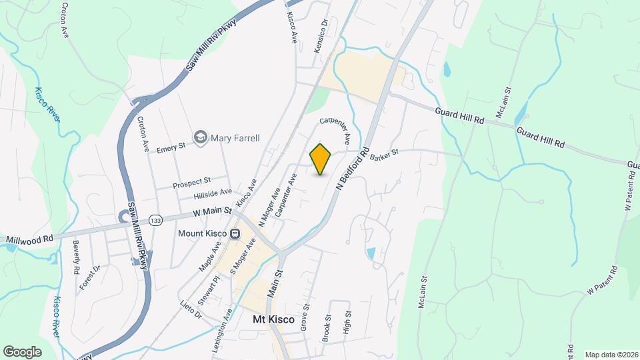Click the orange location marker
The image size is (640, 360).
pos(321,159)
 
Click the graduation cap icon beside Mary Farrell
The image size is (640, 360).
pos(200,137)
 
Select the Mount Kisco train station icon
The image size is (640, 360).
pos(235,234)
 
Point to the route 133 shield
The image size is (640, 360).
pos(155,219)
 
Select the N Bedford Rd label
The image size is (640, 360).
pos(353,170)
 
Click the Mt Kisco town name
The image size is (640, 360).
pos(273,320)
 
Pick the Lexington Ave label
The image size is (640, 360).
pos(227,327)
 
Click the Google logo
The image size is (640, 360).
pos(22,351)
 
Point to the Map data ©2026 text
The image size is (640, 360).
pos(611,355)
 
